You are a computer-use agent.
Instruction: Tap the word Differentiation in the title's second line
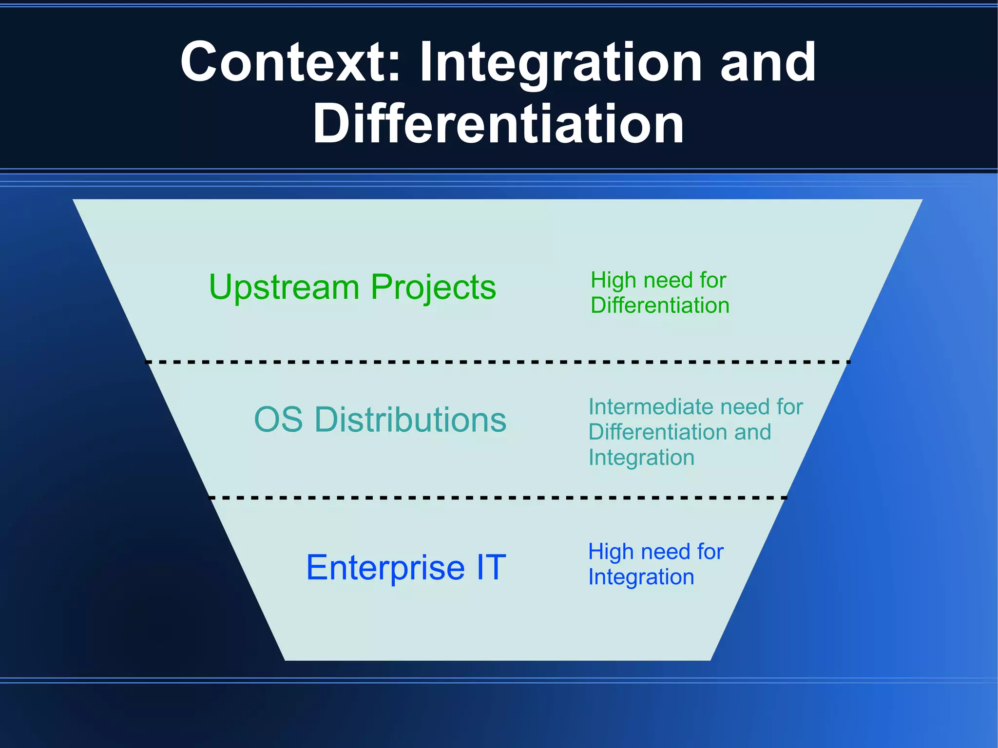(498, 124)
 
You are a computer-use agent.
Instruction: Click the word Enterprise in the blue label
(385, 568)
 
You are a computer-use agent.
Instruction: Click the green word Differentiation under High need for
(660, 306)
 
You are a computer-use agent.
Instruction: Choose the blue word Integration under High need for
(641, 577)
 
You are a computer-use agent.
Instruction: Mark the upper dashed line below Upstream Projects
(497, 362)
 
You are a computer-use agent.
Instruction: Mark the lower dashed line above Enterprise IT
(497, 498)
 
